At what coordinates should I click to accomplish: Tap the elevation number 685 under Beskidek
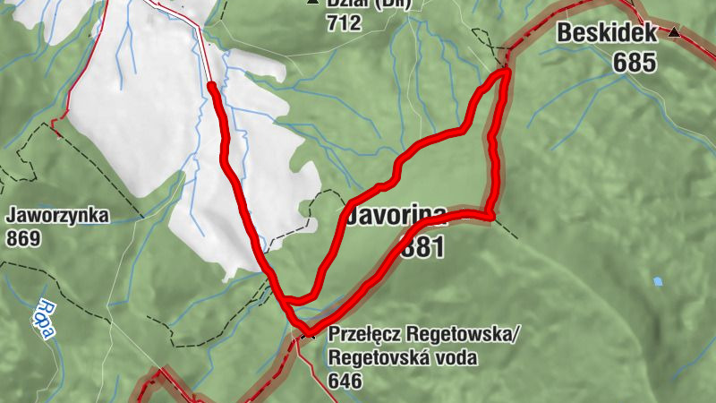635,62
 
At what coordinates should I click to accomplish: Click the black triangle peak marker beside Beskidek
674,33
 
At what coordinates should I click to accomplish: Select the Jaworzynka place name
57,216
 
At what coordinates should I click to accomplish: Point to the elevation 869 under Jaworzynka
23,238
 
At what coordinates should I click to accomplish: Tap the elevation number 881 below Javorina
422,246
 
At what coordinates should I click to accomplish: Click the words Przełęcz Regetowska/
424,335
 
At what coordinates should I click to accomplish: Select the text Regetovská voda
403,359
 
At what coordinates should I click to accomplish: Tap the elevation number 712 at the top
344,22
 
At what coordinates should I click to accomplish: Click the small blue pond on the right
658,281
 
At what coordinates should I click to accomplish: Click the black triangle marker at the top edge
312,2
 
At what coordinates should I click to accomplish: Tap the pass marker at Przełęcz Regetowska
308,334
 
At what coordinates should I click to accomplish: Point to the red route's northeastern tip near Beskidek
506,72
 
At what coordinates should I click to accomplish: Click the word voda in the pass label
457,359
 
